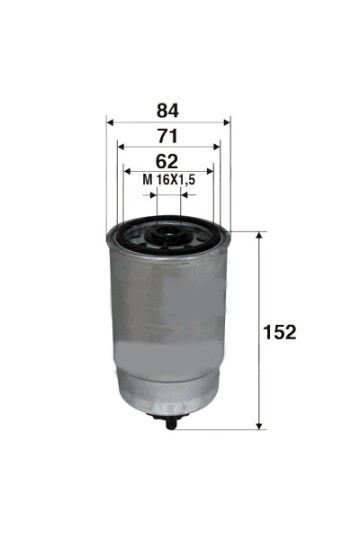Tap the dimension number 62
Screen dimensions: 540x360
click(x=167, y=160)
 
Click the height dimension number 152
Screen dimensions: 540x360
click(x=281, y=332)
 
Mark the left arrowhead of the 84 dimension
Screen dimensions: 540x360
click(x=109, y=121)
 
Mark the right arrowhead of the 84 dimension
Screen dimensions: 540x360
click(x=227, y=121)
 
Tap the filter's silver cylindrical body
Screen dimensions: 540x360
click(x=168, y=330)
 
